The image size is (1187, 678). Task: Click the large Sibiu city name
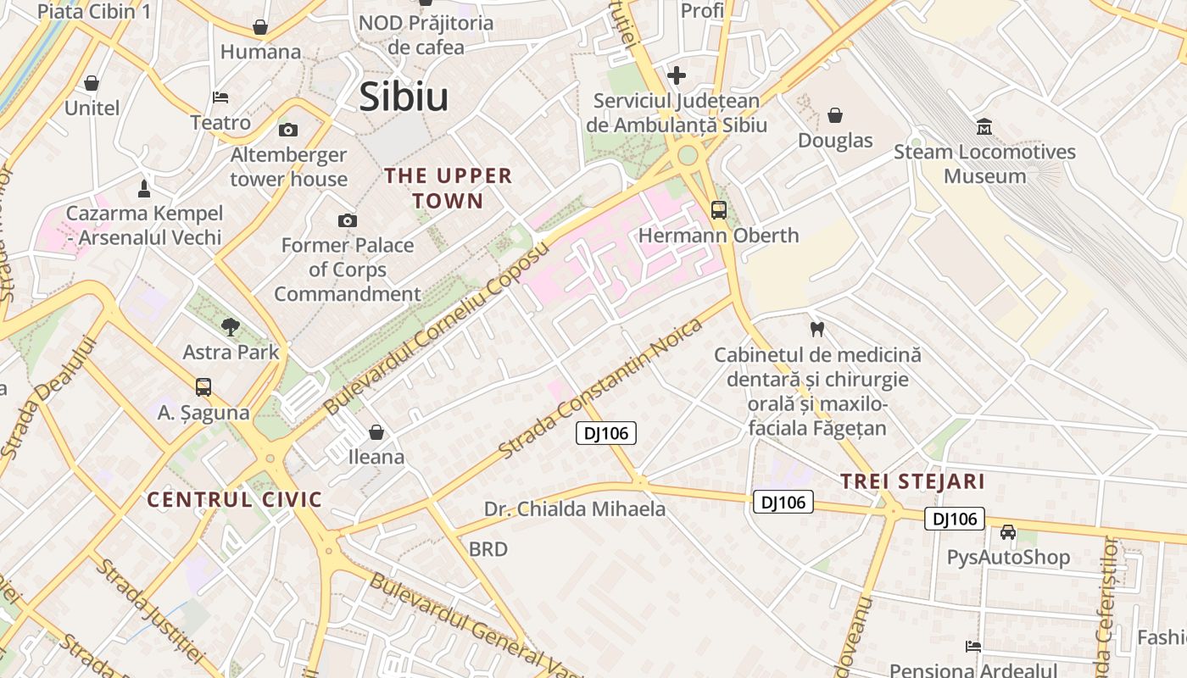point(404,97)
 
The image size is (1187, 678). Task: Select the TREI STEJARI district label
point(912,482)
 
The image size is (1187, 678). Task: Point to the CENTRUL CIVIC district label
point(235,499)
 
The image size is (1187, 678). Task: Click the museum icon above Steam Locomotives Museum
point(984,128)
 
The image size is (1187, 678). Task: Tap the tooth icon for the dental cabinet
point(817,329)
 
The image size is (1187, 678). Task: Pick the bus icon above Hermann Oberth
point(718,209)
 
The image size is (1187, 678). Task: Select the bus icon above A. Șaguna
point(203,387)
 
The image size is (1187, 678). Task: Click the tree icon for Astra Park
point(230,326)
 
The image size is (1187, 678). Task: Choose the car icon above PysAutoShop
point(1007,532)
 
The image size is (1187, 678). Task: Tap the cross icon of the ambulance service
point(676,75)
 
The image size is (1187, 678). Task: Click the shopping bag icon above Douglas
point(835,115)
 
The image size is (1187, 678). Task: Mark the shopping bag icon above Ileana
point(376,432)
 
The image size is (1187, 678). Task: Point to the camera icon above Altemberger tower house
point(288,130)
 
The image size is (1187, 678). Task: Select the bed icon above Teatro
point(220,97)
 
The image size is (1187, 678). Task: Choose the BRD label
point(488,549)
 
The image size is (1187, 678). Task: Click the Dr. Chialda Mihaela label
point(575,509)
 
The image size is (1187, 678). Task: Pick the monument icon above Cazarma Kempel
point(144,188)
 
